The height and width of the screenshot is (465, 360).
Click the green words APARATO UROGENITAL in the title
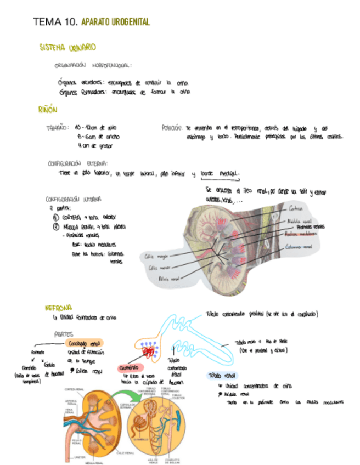pyautogui.click(x=115, y=22)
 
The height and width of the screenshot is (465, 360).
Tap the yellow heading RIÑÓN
pyautogui.click(x=48, y=110)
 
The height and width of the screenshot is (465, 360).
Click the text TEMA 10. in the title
pyautogui.click(x=55, y=22)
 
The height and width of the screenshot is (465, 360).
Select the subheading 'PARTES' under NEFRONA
pyautogui.click(x=64, y=333)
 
